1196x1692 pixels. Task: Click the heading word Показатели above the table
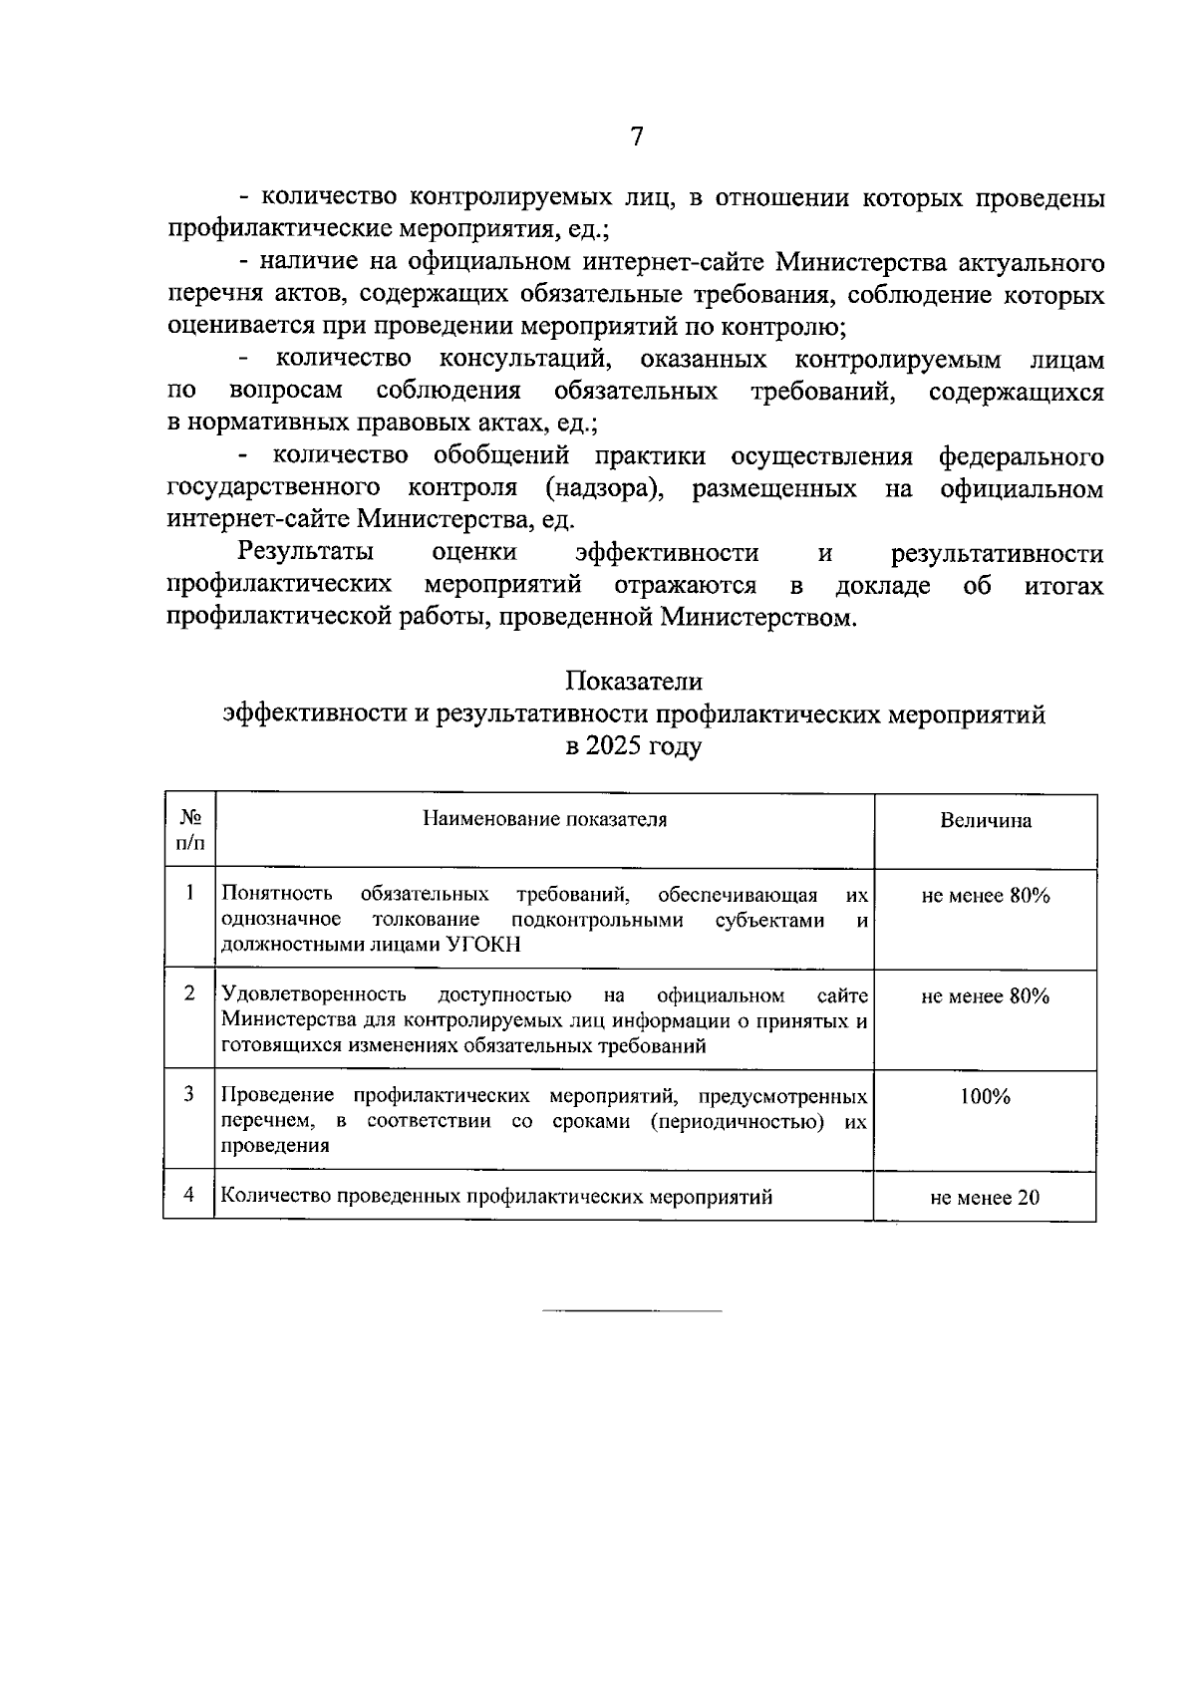pos(634,682)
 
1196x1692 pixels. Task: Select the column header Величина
pos(985,821)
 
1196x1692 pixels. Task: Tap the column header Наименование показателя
pos(544,819)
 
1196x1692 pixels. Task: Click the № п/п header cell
pos(189,830)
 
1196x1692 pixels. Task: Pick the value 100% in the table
pos(985,1097)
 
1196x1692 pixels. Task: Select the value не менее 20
pos(985,1198)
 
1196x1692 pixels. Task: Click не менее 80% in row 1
pos(985,896)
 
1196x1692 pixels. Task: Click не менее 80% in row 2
pos(985,996)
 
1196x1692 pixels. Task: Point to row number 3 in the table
pos(188,1094)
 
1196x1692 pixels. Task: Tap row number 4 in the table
pos(188,1195)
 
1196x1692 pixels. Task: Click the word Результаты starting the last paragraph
pos(306,553)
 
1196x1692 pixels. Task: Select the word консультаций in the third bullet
pos(524,359)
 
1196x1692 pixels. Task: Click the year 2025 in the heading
pos(614,746)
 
